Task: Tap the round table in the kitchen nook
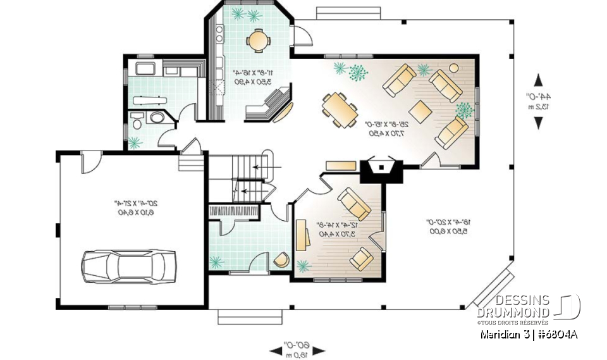[258, 39]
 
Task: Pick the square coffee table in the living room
[421, 109]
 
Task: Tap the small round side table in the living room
[454, 67]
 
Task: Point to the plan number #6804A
[558, 335]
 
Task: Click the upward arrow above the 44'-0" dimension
[538, 80]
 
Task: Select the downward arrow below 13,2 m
[538, 123]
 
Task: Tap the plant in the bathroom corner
[135, 143]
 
